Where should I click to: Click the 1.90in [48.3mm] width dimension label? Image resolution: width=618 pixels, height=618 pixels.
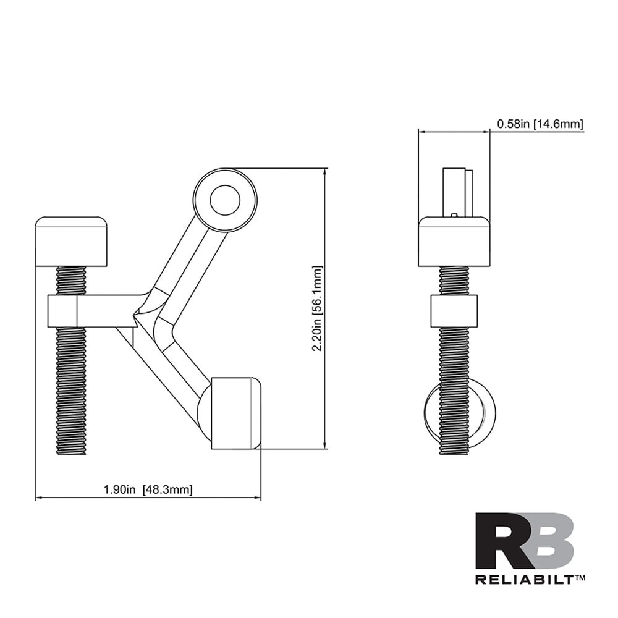[148, 490]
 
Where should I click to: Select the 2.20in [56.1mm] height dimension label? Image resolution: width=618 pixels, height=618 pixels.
[317, 309]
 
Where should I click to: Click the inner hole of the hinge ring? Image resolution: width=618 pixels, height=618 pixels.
[224, 200]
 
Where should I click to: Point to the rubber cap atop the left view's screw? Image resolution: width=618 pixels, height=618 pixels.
[71, 241]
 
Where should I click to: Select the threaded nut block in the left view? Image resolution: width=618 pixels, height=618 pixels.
[62, 311]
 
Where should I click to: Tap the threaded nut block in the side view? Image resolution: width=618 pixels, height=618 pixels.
[454, 311]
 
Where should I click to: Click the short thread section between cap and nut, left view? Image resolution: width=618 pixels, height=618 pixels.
[71, 281]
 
